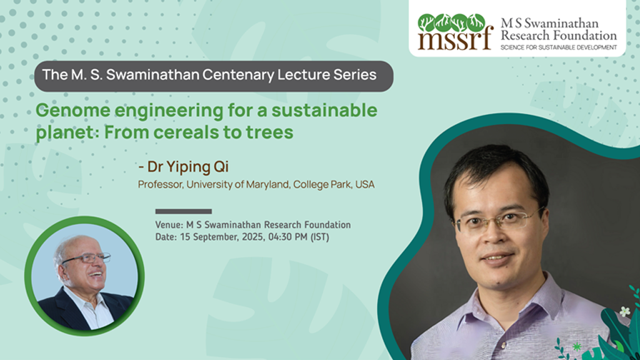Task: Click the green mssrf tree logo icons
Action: pos(451,23)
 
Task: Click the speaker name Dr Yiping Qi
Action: pos(187,166)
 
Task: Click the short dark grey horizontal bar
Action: pos(183,211)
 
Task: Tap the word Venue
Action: pos(169,225)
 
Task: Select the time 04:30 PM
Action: pos(287,237)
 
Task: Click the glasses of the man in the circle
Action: pos(86,259)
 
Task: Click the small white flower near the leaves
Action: pos(624,311)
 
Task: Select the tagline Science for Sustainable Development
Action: pos(559,47)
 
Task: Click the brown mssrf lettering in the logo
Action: pos(455,41)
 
